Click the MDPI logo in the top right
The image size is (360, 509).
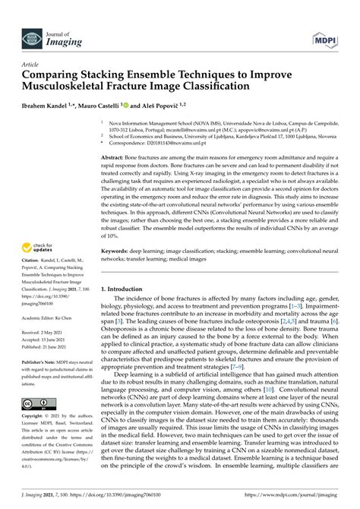coord(326,17)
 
